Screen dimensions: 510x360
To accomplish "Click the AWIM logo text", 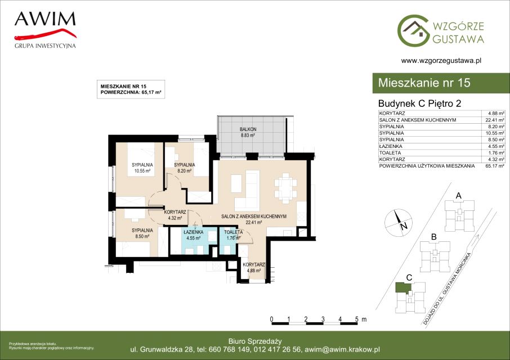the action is click(45, 19).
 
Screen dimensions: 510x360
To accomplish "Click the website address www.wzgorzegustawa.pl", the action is click(441, 60).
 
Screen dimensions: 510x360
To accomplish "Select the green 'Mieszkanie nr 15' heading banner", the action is click(441, 83).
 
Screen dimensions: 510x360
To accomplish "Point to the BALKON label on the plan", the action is click(248, 129).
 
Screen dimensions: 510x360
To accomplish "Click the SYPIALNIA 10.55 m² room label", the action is click(142, 168).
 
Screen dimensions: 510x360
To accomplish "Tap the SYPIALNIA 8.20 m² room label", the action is click(185, 168).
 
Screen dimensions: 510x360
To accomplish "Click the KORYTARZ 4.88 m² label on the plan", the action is click(254, 267).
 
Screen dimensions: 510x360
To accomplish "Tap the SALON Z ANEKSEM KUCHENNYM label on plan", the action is click(254, 216).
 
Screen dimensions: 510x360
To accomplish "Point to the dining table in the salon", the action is click(285, 188).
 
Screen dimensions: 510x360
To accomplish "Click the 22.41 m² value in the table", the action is click(495, 120).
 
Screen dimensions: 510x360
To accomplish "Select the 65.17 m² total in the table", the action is click(495, 166).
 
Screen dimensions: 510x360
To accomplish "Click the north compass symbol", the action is click(399, 223).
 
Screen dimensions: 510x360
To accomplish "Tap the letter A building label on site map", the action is click(459, 196).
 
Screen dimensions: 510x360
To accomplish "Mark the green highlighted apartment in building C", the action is click(402, 287).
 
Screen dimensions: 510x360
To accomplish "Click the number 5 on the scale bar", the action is click(357, 319).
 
